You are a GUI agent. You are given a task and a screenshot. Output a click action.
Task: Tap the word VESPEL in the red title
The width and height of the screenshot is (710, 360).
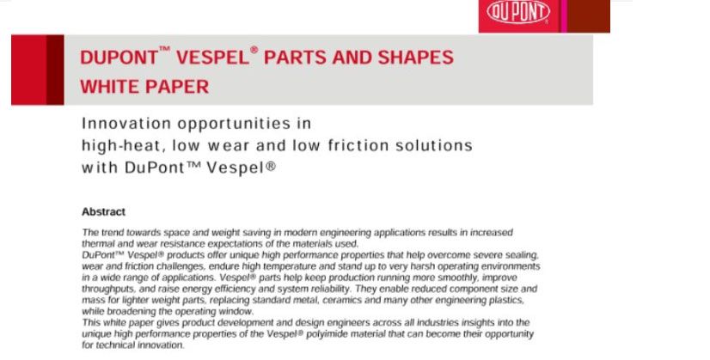211,58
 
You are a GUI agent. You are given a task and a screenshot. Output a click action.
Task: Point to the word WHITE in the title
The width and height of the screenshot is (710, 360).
108,86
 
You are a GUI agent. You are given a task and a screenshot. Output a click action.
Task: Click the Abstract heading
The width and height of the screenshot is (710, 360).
103,211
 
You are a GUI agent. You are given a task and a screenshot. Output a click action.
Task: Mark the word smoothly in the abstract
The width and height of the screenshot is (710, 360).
452,278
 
